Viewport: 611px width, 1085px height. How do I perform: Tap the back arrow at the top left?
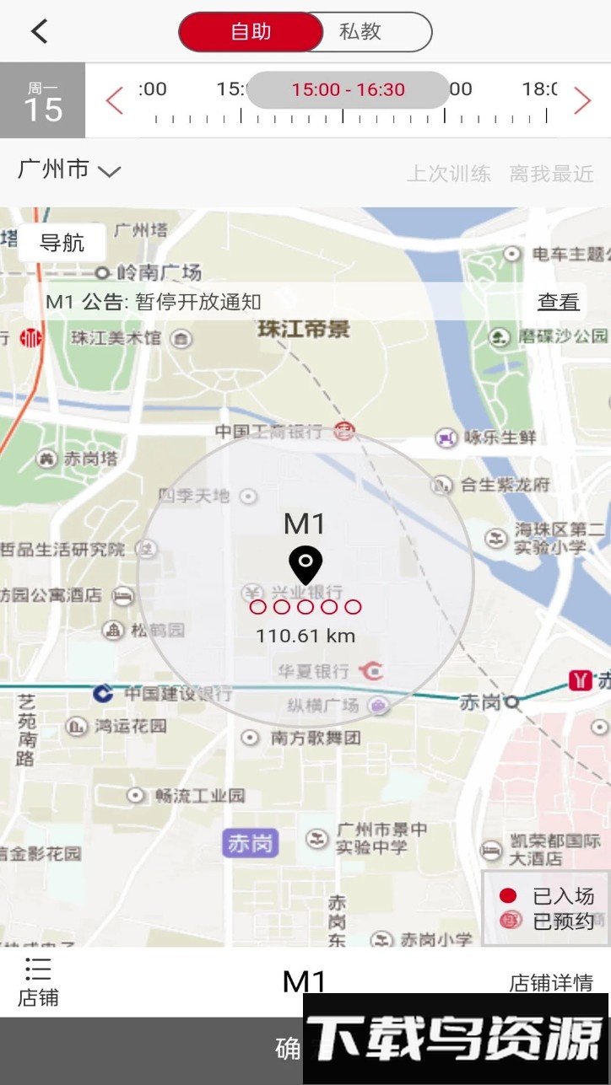39,32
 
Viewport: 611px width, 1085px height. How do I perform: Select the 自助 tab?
251,32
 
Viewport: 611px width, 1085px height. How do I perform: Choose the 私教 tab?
360,32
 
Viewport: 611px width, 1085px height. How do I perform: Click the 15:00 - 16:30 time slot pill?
348,90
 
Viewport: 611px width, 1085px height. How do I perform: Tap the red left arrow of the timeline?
115,100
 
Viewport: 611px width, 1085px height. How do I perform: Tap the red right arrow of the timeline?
582,100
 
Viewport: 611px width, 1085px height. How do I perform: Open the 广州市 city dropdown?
69,169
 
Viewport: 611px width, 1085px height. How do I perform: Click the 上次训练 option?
448,175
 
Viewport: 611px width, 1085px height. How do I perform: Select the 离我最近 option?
551,175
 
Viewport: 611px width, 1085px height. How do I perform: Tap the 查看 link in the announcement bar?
559,302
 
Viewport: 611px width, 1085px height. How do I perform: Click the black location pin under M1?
305,564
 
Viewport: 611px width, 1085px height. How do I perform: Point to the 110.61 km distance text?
305,636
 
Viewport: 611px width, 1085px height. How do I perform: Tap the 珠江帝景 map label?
304,329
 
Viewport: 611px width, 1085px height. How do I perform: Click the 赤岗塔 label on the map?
89,459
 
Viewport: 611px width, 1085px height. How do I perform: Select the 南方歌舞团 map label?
316,738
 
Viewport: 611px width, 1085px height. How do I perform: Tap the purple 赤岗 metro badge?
249,844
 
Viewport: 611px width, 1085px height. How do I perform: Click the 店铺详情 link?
550,983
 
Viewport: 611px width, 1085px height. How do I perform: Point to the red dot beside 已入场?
508,895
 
